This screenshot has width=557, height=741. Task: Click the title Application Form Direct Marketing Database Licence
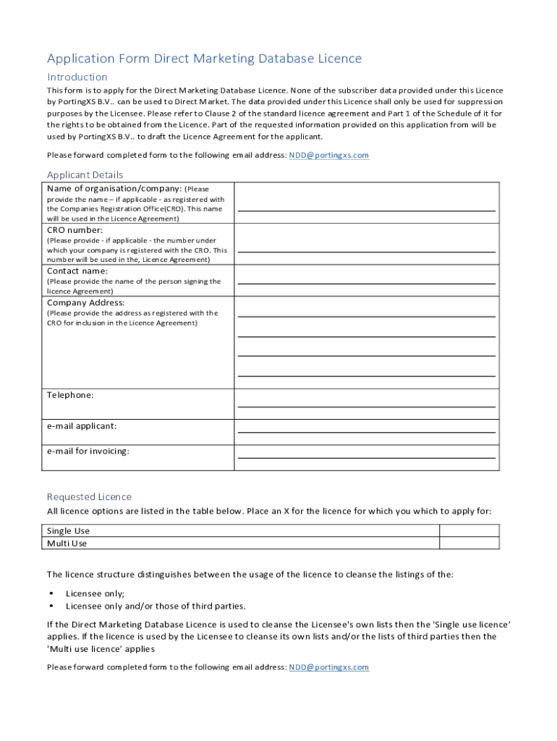point(204,59)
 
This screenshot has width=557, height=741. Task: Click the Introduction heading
point(77,77)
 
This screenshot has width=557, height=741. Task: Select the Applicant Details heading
point(85,174)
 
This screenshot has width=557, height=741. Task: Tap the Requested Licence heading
point(89,496)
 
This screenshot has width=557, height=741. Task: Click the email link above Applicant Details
point(329,155)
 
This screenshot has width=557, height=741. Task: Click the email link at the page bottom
point(329,667)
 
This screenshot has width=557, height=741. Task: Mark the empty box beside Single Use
point(469,530)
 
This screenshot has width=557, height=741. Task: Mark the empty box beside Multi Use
point(469,543)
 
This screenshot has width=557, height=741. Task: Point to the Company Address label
point(85,302)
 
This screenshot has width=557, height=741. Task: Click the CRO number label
point(75,230)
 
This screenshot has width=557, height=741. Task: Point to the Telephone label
point(70,395)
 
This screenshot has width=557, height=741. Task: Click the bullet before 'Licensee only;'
point(51,593)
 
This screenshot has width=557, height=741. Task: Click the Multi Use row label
point(67,543)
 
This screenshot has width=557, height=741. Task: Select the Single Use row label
point(69,530)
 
